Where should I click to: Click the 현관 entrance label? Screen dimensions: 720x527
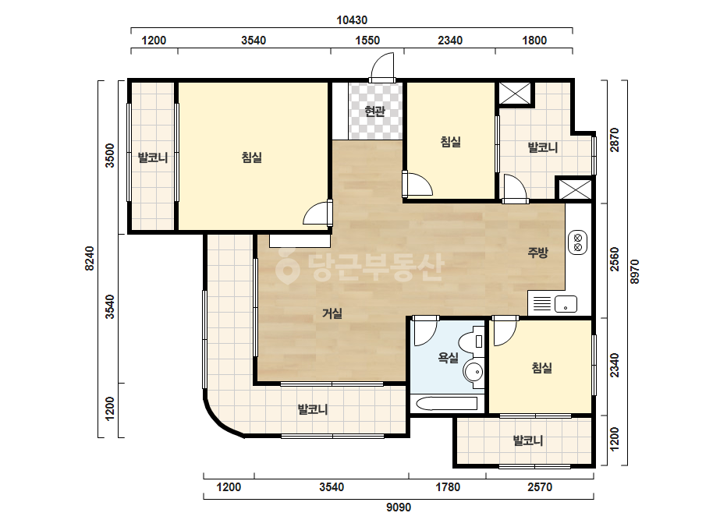tap(374, 111)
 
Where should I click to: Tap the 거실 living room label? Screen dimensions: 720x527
tap(332, 313)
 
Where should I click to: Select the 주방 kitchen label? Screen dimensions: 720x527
tap(537, 252)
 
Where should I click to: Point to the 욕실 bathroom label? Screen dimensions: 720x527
tap(449, 357)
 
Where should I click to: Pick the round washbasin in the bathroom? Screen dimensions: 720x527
tap(473, 371)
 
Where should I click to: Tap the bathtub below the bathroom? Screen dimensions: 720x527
tap(447, 404)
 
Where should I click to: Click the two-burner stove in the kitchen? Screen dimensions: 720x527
tap(578, 242)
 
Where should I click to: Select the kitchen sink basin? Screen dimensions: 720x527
tap(566, 304)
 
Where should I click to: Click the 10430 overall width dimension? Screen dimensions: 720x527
tap(352, 20)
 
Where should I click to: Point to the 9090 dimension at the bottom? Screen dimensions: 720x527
tap(398, 508)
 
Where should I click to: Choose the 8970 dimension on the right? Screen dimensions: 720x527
tap(634, 272)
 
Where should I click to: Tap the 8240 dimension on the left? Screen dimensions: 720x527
tap(90, 259)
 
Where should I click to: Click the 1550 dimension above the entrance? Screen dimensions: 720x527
tap(367, 41)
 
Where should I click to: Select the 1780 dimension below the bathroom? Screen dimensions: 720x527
tap(448, 486)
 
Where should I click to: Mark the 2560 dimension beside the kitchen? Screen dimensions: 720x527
tap(615, 260)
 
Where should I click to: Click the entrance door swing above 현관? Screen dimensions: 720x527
tap(382, 68)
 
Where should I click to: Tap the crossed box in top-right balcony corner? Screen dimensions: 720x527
tap(515, 94)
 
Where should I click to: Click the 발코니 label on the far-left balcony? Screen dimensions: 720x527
tap(153, 158)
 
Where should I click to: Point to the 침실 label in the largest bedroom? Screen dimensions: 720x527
tap(252, 158)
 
